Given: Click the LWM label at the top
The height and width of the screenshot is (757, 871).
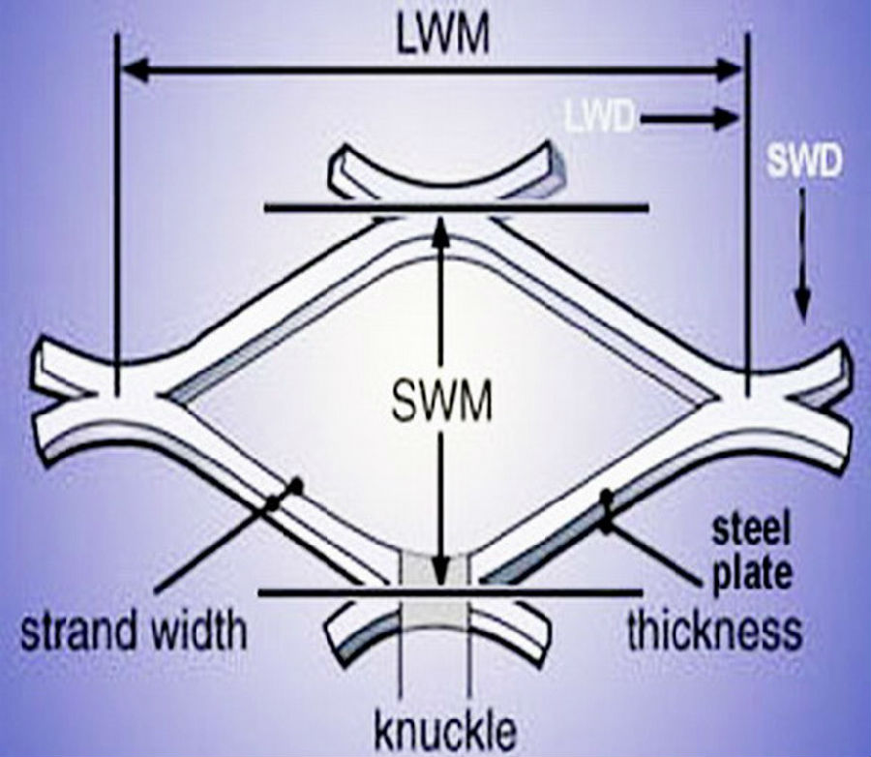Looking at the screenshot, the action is pos(443,36).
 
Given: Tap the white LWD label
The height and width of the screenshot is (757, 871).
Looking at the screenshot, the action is pos(599,117).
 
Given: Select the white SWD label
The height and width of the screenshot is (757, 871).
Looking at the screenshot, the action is pos(804,163).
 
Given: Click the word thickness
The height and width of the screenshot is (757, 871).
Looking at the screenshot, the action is pos(715,631).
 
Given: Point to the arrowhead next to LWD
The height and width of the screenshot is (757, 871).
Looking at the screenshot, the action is pos(726,118).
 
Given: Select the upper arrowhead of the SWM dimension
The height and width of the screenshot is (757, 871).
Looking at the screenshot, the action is pos(440,229).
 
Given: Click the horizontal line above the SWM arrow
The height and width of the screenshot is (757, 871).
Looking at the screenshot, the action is pos(456,209).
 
